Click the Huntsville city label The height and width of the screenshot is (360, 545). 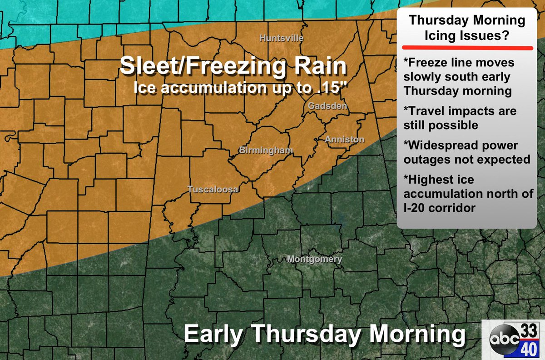[281, 38]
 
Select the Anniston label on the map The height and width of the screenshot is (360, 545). [345, 140]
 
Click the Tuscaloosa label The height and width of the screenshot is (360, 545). [213, 190]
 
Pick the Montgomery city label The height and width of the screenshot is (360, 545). [315, 260]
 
